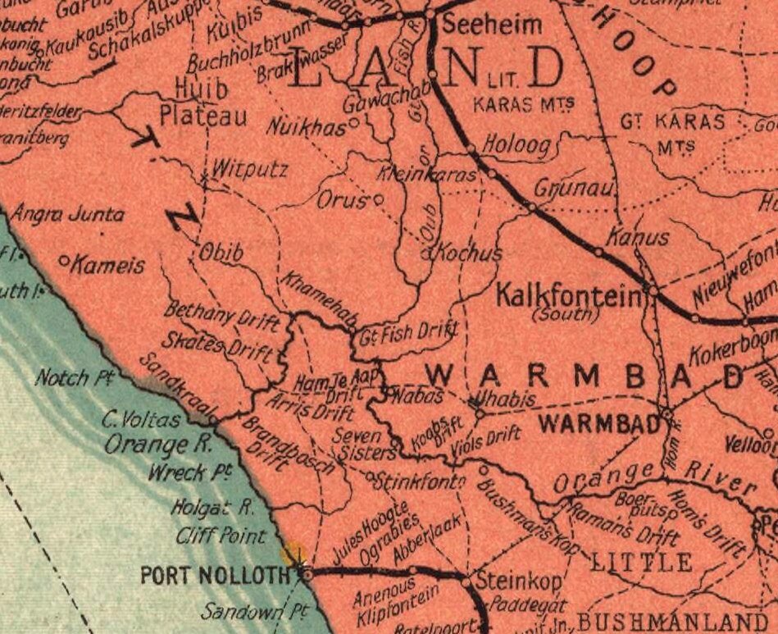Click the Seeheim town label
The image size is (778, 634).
coord(492,25)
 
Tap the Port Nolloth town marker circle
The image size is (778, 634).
coord(307,575)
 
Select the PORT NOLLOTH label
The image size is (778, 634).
coord(215,575)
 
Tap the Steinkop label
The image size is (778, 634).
coord(519,580)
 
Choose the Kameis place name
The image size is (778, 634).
coord(107,266)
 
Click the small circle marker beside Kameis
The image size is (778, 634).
coord(64,261)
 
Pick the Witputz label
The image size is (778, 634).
coord(249,170)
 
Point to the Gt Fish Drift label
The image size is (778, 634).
coord(408,334)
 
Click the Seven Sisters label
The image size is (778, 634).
coord(361,444)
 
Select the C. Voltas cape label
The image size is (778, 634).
coord(141,420)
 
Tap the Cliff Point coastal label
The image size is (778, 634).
coord(221,536)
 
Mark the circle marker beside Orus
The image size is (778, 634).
coord(379,198)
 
